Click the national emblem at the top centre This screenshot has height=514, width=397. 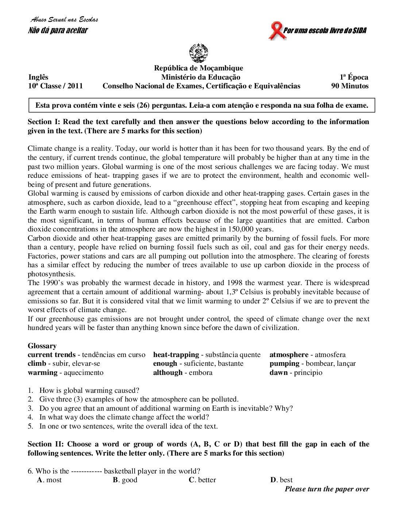tap(198, 53)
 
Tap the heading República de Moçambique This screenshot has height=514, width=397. tap(198, 68)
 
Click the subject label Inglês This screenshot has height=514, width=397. tap(38, 77)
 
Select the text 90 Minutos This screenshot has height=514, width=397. tap(350, 86)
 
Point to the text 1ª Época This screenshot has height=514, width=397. tap(354, 77)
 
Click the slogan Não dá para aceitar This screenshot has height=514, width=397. tap(58, 30)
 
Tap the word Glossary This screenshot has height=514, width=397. tap(42, 346)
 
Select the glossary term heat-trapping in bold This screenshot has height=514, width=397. tap(176, 354)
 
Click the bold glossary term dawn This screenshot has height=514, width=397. tap(278, 372)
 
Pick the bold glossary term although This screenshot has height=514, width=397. tap(168, 372)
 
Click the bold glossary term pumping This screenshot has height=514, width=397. tap(284, 363)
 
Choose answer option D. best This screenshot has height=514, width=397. tap(281, 480)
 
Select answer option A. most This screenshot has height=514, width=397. tap(49, 480)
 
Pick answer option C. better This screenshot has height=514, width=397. tap(202, 480)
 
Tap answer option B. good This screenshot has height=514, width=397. tap(125, 480)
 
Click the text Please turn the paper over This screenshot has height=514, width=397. tap(327, 489)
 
